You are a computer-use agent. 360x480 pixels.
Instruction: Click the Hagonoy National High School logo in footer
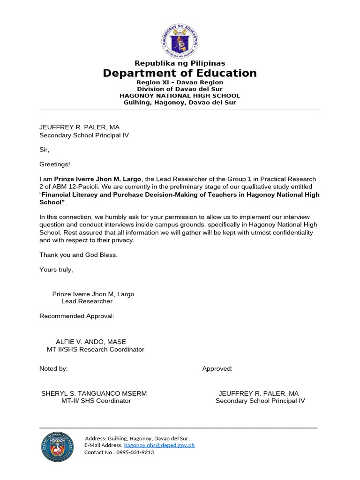pyautogui.click(x=58, y=446)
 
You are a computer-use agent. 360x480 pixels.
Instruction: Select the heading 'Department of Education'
pyautogui.click(x=180, y=73)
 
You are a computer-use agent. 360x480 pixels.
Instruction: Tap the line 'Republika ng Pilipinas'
pyautogui.click(x=180, y=63)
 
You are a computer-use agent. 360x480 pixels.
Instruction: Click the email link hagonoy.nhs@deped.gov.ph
pyautogui.click(x=159, y=445)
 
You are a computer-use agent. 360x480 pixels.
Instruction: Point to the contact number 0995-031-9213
pyautogui.click(x=136, y=452)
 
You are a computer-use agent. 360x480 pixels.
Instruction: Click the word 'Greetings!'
pyautogui.click(x=54, y=165)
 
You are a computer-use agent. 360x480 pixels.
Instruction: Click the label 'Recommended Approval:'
pyautogui.click(x=77, y=316)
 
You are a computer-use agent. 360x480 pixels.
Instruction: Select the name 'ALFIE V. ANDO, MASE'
pyautogui.click(x=91, y=342)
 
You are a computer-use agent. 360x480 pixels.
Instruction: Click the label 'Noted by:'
pyautogui.click(x=53, y=368)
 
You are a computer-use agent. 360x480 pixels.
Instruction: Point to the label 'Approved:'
pyautogui.click(x=217, y=368)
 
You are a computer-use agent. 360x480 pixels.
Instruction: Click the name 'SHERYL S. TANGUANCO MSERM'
pyautogui.click(x=94, y=393)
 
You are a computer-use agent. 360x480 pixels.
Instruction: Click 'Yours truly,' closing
pyautogui.click(x=56, y=270)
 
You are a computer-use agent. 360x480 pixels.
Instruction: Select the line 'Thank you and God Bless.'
pyautogui.click(x=78, y=255)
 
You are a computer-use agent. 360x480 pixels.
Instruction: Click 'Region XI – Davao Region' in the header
pyautogui.click(x=180, y=82)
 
